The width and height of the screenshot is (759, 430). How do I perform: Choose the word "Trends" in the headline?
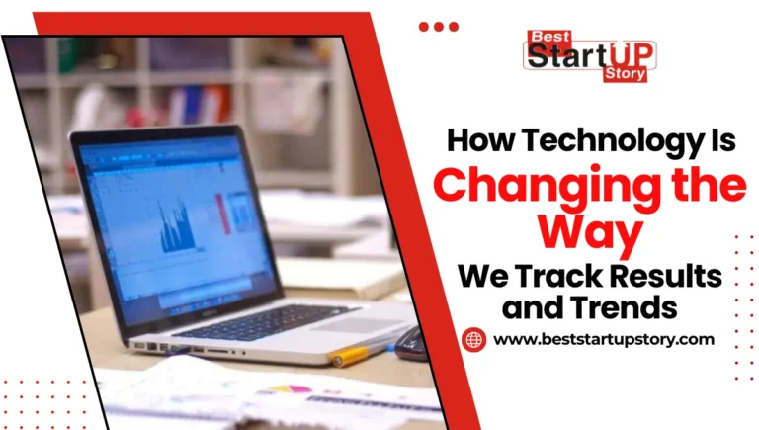point(631,307)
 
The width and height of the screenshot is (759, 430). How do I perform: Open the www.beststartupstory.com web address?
point(603,340)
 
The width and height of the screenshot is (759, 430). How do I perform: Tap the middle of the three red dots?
point(439,27)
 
